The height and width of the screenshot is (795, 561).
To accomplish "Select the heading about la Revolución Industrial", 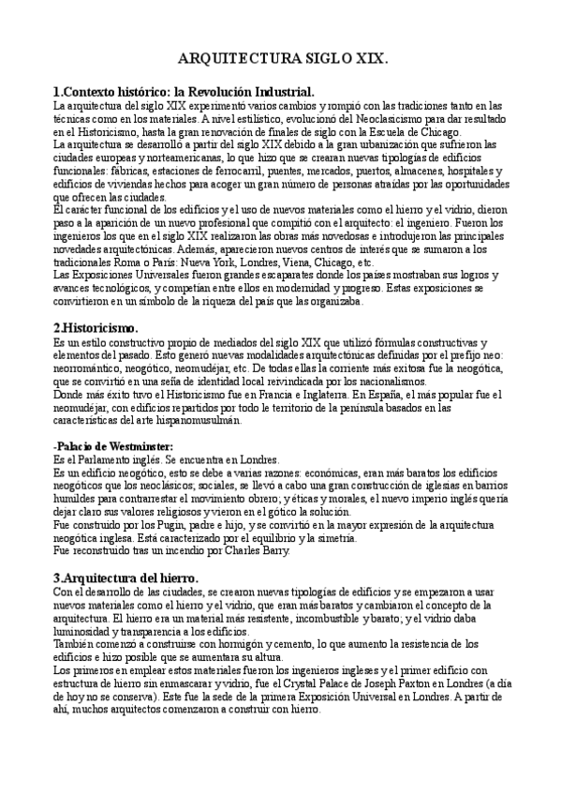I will pyautogui.click(x=184, y=92).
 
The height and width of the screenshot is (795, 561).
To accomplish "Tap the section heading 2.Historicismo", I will pyautogui.click(x=95, y=328).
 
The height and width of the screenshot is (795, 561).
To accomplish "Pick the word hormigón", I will pyautogui.click(x=240, y=644).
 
